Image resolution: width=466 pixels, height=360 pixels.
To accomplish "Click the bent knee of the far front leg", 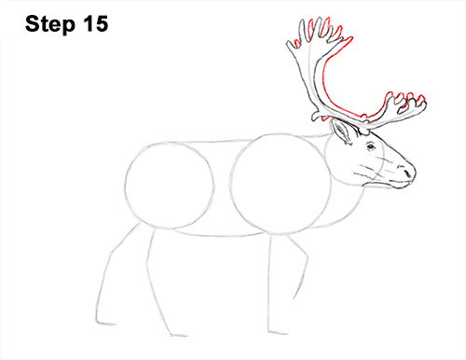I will click(x=306, y=270).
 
